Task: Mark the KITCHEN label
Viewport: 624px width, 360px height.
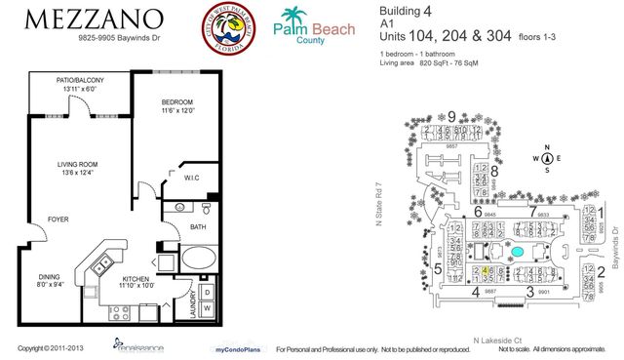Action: pos(136,281)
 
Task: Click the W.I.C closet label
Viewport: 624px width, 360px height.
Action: pos(192,178)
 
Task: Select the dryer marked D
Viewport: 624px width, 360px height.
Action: pos(208,291)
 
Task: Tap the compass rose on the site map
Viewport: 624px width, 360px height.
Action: pos(547,158)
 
